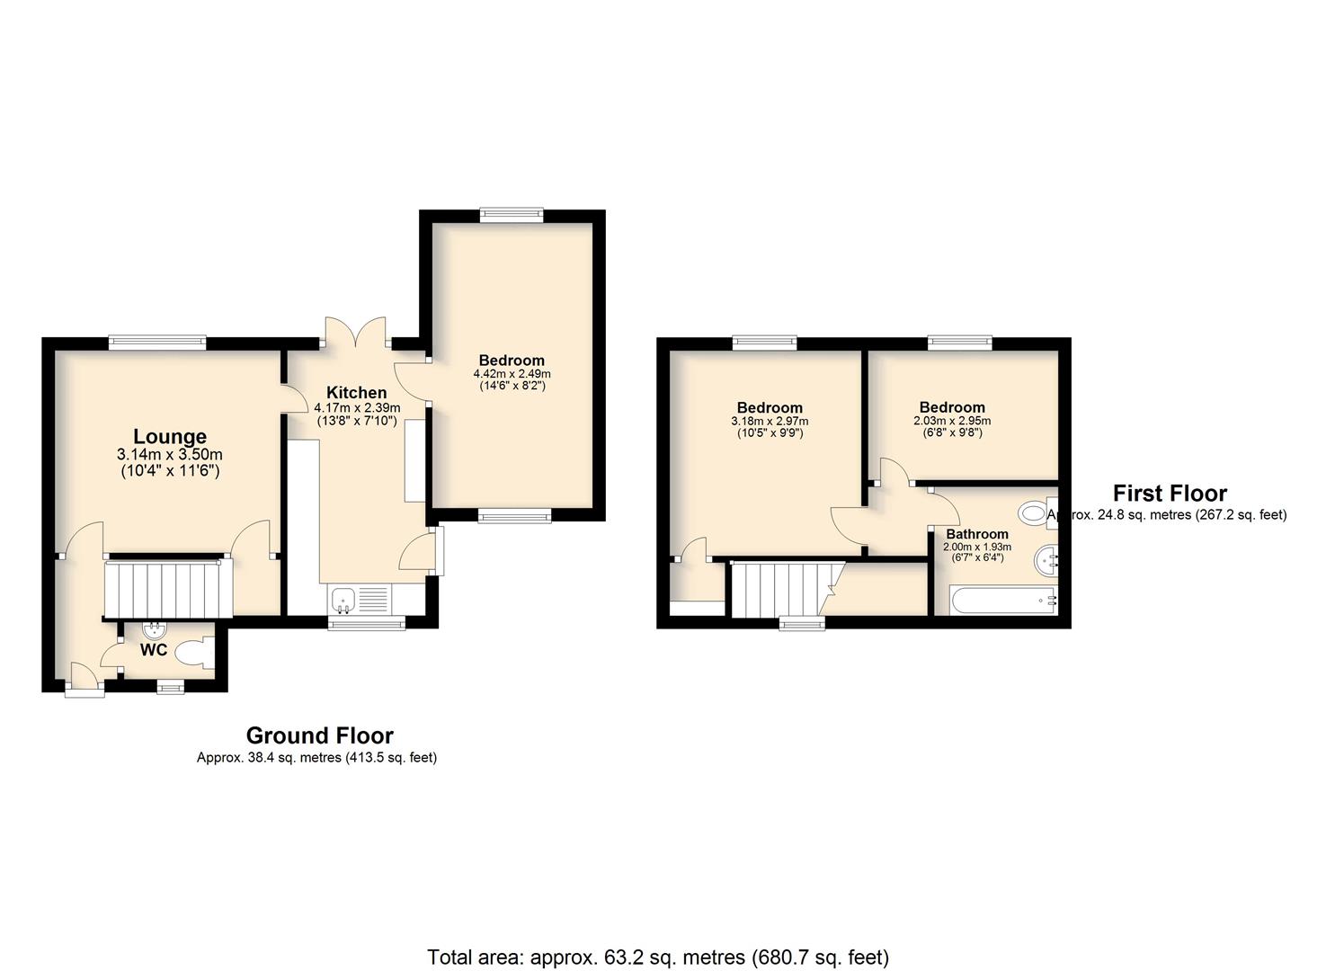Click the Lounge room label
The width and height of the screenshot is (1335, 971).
[170, 436]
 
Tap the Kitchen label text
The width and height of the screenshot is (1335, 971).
[356, 393]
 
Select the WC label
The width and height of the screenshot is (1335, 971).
[153, 650]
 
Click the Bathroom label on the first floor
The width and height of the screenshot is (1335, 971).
[977, 534]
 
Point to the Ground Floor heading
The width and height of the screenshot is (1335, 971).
[319, 736]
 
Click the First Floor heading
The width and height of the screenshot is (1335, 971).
[1170, 494]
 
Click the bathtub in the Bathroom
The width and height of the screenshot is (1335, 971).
[1003, 601]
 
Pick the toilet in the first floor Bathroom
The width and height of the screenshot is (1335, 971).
[1037, 512]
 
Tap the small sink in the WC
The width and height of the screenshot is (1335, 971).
[155, 629]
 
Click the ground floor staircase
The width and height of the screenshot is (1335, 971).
[168, 589]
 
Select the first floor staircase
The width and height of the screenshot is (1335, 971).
[784, 590]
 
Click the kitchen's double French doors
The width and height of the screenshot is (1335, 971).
[356, 332]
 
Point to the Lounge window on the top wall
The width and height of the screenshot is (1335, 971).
[157, 343]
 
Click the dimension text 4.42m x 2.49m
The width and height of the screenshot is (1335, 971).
[512, 374]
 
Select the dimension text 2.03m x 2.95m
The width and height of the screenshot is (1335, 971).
[952, 421]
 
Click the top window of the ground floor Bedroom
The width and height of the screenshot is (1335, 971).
[512, 215]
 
